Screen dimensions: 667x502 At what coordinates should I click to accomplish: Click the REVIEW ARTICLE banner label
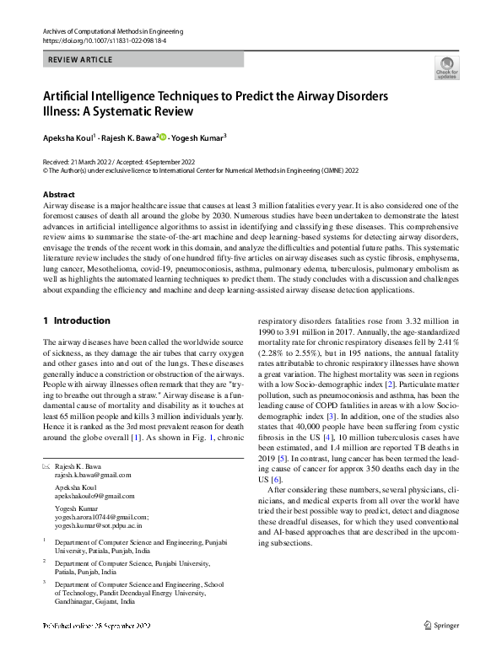[79, 60]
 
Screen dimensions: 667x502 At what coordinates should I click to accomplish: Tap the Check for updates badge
[446, 67]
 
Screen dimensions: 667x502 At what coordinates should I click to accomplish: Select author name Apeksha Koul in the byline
[70, 136]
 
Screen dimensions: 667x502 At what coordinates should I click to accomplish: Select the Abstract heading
[59, 194]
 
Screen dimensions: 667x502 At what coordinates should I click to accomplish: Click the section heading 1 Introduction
[77, 320]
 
